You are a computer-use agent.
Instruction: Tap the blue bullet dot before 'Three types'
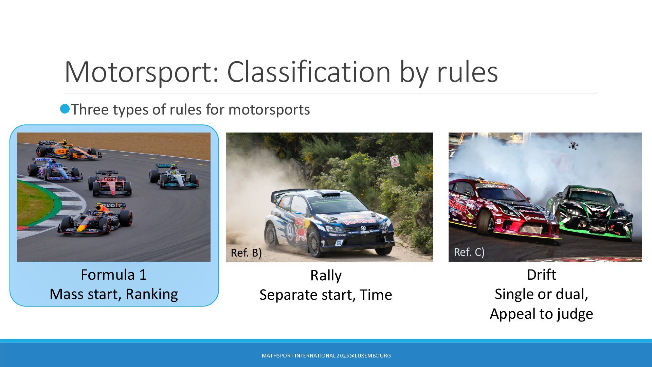(65, 109)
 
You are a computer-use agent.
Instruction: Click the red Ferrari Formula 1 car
(110, 184)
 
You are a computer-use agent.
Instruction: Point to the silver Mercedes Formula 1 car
(174, 176)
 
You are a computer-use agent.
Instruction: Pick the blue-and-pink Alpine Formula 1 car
(55, 169)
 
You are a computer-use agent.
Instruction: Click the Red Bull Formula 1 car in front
(95, 219)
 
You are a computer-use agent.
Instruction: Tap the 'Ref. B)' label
(246, 253)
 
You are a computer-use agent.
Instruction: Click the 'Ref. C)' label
(469, 252)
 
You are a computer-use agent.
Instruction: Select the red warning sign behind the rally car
(395, 161)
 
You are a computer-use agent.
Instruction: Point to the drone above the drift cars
(574, 146)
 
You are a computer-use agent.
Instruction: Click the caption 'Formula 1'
(114, 275)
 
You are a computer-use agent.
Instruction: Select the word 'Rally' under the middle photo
(326, 276)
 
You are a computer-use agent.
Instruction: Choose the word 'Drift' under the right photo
(541, 275)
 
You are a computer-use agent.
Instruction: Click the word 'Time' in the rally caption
(376, 295)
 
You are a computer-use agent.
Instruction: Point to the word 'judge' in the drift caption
(575, 314)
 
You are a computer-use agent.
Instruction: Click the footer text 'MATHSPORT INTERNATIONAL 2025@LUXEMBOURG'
(326, 356)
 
